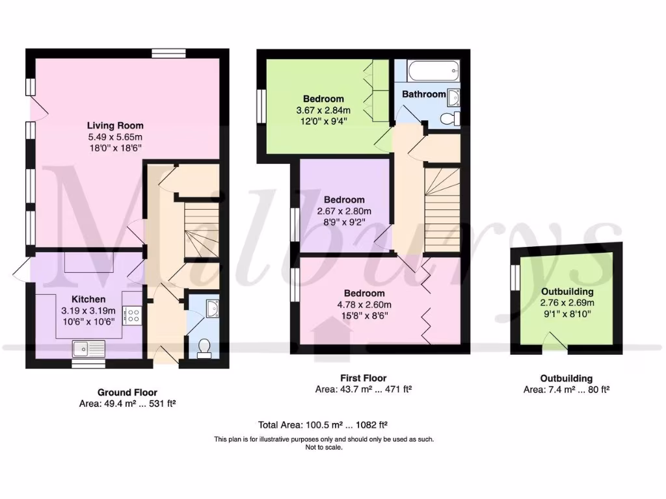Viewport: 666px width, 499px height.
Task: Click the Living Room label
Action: coord(115,125)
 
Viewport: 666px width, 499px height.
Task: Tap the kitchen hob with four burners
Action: coord(132,316)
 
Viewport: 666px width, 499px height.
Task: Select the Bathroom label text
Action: coord(423,94)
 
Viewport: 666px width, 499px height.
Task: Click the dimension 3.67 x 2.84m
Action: coord(323,110)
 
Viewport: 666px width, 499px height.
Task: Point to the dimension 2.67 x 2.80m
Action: coord(344,211)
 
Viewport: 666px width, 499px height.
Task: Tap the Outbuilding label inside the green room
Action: coord(566,292)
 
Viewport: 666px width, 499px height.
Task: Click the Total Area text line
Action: coord(323,425)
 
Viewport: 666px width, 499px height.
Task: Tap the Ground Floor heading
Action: coord(127,392)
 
